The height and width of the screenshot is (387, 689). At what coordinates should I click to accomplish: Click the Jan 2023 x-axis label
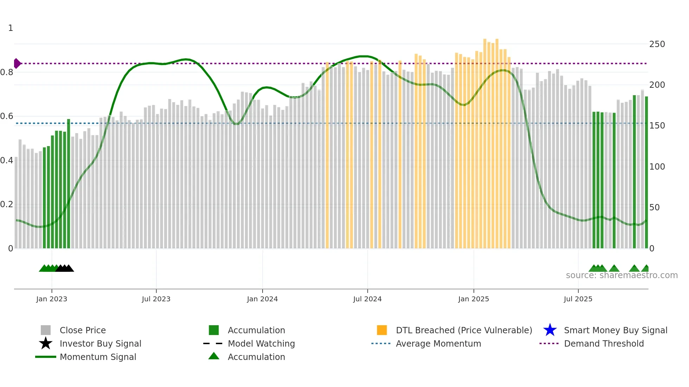click(x=51, y=299)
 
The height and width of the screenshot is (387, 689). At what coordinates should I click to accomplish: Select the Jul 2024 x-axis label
click(x=367, y=299)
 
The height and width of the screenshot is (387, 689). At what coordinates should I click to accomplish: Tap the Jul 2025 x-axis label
click(x=578, y=299)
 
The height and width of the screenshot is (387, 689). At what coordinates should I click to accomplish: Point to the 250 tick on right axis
click(x=657, y=44)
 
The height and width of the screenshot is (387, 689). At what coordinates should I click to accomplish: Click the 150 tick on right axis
click(x=657, y=126)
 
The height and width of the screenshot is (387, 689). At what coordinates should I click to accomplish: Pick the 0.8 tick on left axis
click(x=7, y=72)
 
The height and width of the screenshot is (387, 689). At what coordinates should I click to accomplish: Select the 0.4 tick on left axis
click(x=7, y=160)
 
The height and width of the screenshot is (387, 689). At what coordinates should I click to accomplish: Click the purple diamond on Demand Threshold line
click(x=17, y=64)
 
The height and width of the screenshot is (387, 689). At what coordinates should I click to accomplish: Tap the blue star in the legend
click(x=550, y=330)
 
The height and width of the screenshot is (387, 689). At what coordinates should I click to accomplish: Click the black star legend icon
click(x=46, y=343)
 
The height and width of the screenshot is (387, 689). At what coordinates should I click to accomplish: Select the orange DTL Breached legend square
click(x=382, y=330)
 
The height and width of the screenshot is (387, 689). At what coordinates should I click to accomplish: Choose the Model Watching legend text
click(x=261, y=343)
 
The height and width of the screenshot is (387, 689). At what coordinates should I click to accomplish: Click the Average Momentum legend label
click(x=438, y=343)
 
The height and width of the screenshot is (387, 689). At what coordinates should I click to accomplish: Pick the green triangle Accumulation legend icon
click(x=214, y=356)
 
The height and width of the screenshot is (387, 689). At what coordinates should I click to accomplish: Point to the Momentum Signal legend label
click(x=98, y=357)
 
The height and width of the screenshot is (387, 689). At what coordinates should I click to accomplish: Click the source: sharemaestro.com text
click(x=622, y=275)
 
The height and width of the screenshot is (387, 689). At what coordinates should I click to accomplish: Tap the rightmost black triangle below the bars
click(x=69, y=268)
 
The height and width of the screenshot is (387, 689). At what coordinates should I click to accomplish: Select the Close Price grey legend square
click(x=46, y=330)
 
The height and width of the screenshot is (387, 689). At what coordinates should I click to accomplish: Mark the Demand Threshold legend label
click(x=604, y=343)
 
